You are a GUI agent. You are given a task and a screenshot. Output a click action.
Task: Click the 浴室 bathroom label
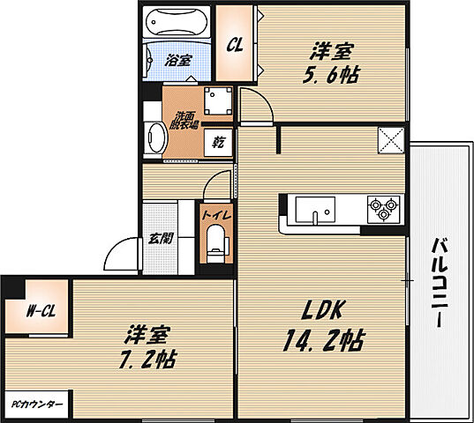coord(178,61)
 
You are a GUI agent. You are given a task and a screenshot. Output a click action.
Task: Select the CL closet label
coord(236,45)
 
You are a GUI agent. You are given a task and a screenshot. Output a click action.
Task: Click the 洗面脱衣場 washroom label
coord(184,119)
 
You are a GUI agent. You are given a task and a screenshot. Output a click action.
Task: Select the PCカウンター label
coord(36,404)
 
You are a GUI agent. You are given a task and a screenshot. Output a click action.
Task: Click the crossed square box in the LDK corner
coord(389,140)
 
